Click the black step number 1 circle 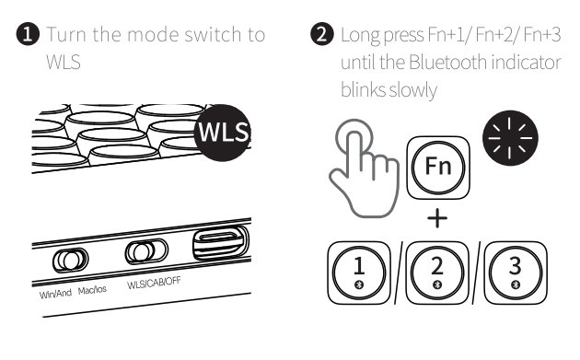coord(28,34)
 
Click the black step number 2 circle coord(322,34)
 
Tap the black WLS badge coord(223,133)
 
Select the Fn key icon coord(438,168)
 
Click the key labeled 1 coord(359,273)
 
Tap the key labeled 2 coord(437,273)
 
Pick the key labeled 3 coord(516,273)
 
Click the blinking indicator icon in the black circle coord(510,138)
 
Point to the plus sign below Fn coord(437,218)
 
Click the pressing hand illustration coord(365,168)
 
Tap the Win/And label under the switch coord(55,294)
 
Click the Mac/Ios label coord(92,290)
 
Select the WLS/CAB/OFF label coord(154,283)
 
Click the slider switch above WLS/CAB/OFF coord(146,251)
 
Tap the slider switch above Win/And coord(70,260)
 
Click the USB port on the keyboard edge coord(221,242)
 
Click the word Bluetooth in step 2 coord(447,63)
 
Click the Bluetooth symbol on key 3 coord(516,285)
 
